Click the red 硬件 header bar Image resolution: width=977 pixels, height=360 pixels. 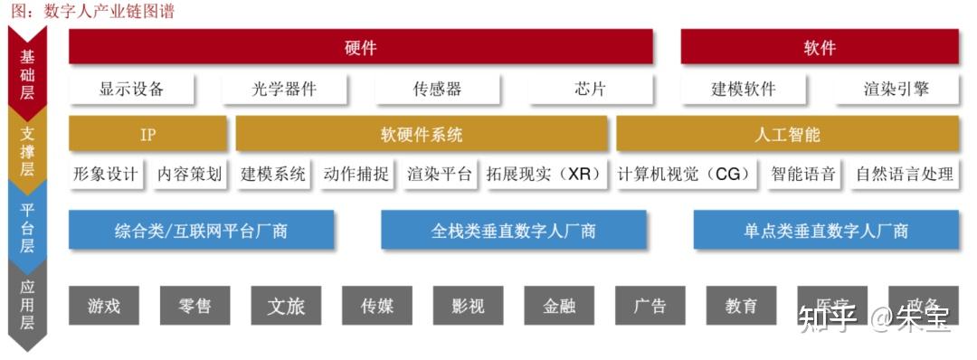pyautogui.click(x=360, y=47)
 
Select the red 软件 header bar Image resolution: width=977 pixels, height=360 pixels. pyautogui.click(x=820, y=47)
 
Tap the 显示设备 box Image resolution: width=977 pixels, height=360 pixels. pyautogui.click(x=132, y=90)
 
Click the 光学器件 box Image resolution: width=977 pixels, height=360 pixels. pyautogui.click(x=285, y=90)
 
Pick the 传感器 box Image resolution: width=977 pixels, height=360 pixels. pyautogui.click(x=438, y=90)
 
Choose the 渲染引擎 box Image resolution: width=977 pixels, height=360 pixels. pyautogui.click(x=896, y=90)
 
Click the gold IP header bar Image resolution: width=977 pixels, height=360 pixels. pyautogui.click(x=147, y=135)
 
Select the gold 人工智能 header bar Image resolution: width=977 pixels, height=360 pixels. pyautogui.click(x=787, y=135)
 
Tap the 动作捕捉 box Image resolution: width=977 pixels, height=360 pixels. pyautogui.click(x=356, y=175)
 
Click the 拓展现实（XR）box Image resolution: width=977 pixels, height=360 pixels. pyautogui.click(x=545, y=175)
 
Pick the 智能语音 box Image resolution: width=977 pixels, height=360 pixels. pyautogui.click(x=803, y=175)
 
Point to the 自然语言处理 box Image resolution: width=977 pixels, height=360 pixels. pyautogui.click(x=905, y=175)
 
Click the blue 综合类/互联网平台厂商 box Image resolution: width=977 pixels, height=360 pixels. pyautogui.click(x=201, y=231)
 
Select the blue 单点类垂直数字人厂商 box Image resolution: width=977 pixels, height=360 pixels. pyautogui.click(x=826, y=231)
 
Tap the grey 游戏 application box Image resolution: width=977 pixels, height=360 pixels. pyautogui.click(x=104, y=306)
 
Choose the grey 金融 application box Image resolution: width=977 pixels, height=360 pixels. pyautogui.click(x=559, y=306)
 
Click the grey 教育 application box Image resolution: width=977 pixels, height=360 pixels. pyautogui.click(x=741, y=306)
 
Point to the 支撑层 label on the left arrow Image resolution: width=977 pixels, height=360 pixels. pyautogui.click(x=27, y=147)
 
